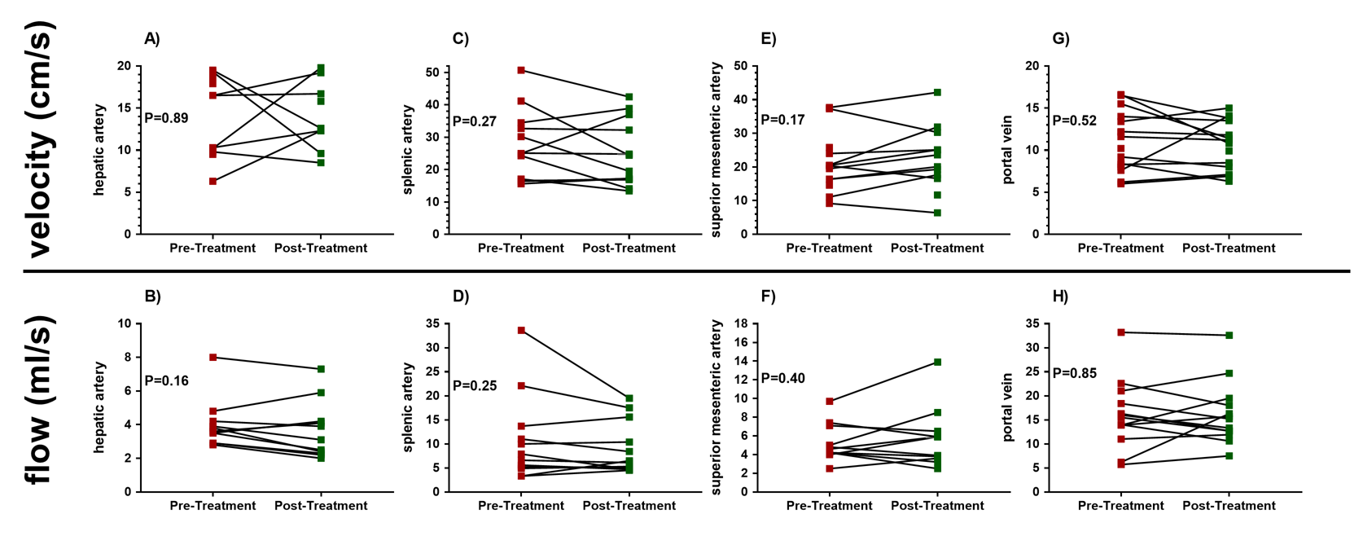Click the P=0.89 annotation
point(166,118)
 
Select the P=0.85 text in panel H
point(1075,373)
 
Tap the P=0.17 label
point(782,120)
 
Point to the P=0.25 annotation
point(475,385)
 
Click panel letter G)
point(1061,38)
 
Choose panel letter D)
point(461,296)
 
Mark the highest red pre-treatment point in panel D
point(521,331)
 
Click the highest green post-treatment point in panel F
point(937,362)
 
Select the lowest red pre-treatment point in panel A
point(213,181)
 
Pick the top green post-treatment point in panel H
point(1229,335)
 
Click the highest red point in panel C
point(521,70)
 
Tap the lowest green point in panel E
point(937,213)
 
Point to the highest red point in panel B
point(213,357)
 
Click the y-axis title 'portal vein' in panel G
point(1008,150)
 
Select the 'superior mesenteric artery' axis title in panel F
point(717,407)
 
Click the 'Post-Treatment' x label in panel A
point(320,248)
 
